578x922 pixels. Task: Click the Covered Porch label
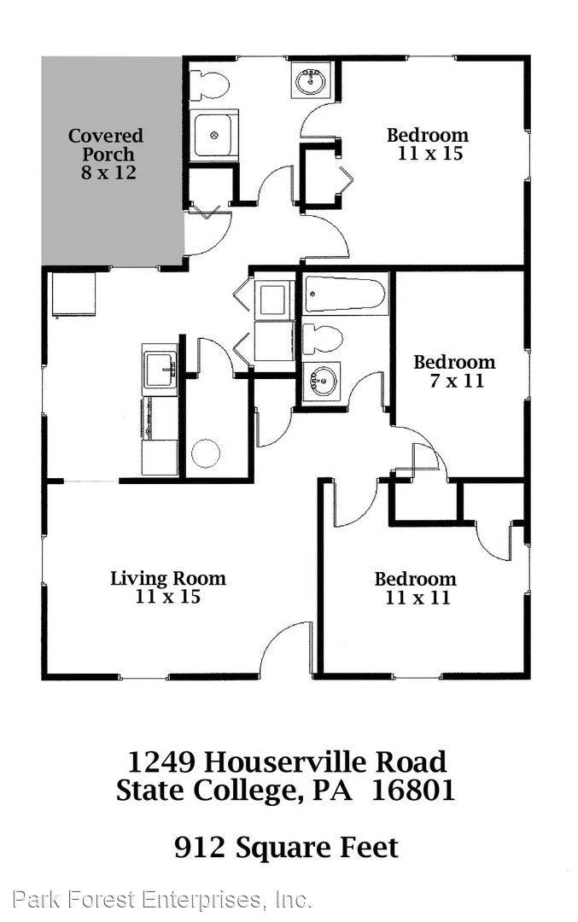click(x=106, y=145)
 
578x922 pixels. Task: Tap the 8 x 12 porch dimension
click(x=106, y=173)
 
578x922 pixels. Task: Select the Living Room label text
click(x=168, y=578)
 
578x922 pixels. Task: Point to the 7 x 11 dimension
click(x=455, y=381)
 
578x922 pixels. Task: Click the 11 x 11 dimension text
click(x=417, y=598)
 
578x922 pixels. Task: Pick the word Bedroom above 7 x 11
click(x=454, y=362)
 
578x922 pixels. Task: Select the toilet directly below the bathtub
click(x=324, y=339)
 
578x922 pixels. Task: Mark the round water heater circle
click(x=206, y=452)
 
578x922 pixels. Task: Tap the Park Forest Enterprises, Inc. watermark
click(x=162, y=899)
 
